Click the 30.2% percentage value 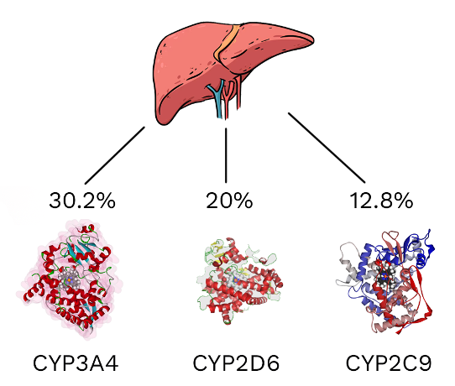click(x=82, y=201)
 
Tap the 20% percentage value click(x=229, y=201)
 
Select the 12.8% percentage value click(x=381, y=201)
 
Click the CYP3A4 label click(x=76, y=363)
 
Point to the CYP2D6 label click(x=236, y=363)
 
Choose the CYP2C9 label click(x=389, y=363)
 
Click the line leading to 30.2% click(x=115, y=155)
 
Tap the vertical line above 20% click(x=226, y=155)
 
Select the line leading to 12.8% click(x=327, y=148)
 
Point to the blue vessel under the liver click(x=217, y=99)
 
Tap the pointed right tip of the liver click(x=313, y=39)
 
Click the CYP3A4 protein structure click(x=70, y=279)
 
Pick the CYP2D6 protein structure click(x=239, y=281)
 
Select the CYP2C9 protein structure click(x=386, y=281)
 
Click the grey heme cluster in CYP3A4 click(x=70, y=280)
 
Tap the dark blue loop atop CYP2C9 click(x=421, y=247)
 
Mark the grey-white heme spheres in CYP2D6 click(x=236, y=279)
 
